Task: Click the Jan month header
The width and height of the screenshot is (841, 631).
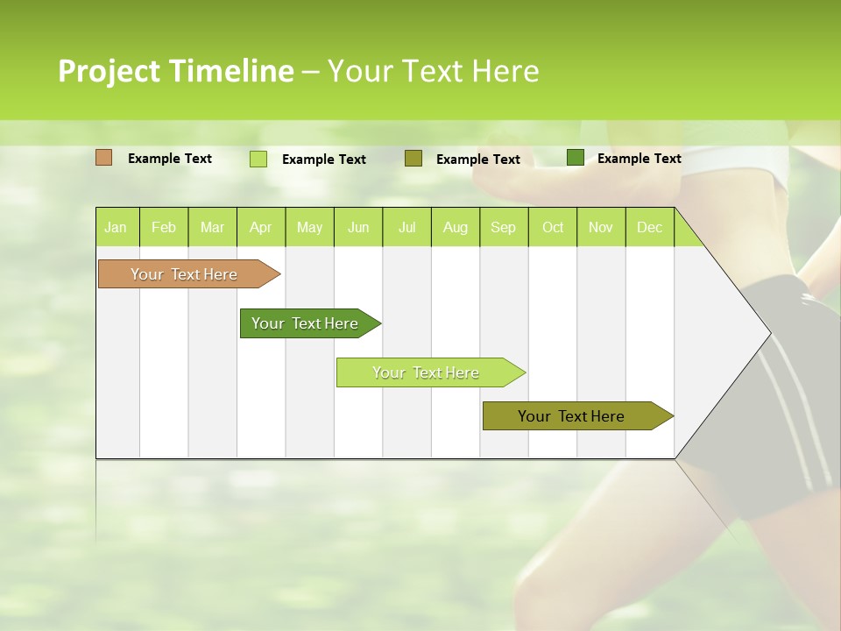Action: point(117,227)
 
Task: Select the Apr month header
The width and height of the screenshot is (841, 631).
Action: point(261,227)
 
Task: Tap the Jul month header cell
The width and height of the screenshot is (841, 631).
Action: point(406,227)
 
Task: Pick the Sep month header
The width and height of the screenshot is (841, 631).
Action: point(504,227)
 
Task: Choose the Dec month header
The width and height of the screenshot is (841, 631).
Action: point(649,227)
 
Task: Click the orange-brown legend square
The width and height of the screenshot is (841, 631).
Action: point(103,158)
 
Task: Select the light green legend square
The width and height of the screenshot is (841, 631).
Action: point(258,159)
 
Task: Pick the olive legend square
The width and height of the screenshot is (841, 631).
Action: point(413,158)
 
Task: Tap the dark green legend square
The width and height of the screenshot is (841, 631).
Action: point(575,158)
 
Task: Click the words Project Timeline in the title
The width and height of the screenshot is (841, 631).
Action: point(175,71)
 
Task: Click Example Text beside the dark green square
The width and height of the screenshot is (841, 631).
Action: point(639,159)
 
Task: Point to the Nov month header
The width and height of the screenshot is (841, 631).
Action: point(601,227)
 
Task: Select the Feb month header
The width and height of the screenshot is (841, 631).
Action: point(164,227)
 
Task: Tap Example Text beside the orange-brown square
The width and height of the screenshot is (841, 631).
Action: point(170,159)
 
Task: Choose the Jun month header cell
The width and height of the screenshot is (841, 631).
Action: point(358,227)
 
